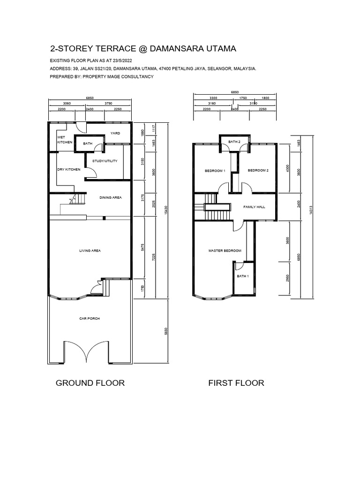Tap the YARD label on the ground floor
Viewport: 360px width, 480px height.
pyautogui.click(x=115, y=134)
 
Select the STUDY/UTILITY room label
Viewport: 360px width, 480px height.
pyautogui.click(x=105, y=161)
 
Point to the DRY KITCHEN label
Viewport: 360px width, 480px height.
pyautogui.click(x=69, y=169)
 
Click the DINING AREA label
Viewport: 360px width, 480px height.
pyautogui.click(x=111, y=198)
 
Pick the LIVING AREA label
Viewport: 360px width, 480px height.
pyautogui.click(x=90, y=251)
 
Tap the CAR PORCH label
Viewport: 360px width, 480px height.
pyautogui.click(x=89, y=319)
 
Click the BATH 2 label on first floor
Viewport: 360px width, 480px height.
pyautogui.click(x=234, y=142)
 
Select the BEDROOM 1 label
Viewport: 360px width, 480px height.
pyautogui.click(x=215, y=171)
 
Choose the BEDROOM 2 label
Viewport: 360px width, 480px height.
pyautogui.click(x=258, y=171)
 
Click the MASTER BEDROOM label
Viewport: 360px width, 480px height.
pyautogui.click(x=225, y=251)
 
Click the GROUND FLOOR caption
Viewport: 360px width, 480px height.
pyautogui.click(x=90, y=383)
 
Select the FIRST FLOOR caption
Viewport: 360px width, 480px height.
pyautogui.click(x=236, y=383)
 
